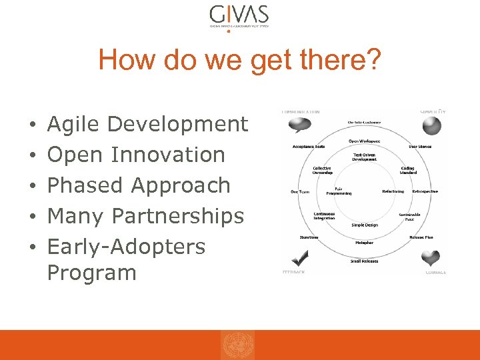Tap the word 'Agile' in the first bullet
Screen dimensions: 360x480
74,124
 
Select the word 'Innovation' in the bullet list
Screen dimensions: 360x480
168,155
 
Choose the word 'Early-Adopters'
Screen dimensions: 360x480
126,247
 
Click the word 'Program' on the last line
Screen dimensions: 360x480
91,273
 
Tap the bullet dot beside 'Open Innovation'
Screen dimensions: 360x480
32,155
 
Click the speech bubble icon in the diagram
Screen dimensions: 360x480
299,125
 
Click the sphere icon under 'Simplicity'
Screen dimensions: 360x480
432,125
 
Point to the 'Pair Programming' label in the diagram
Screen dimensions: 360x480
339,191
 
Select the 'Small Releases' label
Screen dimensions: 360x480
364,261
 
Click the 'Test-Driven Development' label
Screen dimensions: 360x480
364,157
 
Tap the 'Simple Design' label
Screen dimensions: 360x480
365,225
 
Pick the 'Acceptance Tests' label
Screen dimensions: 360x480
309,147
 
